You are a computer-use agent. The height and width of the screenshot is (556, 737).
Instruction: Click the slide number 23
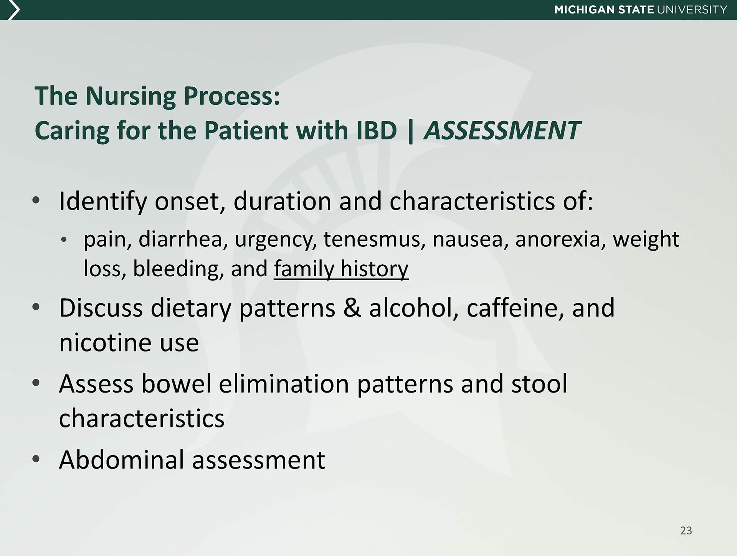click(x=686, y=530)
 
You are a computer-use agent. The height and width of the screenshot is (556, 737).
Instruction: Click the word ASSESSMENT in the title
click(x=502, y=130)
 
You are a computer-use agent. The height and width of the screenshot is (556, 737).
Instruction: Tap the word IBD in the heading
click(x=376, y=130)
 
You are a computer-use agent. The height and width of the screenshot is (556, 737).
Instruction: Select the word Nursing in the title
click(x=131, y=96)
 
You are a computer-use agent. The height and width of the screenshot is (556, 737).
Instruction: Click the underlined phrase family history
click(x=341, y=269)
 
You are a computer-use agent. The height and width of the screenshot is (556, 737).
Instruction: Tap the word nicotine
click(x=106, y=342)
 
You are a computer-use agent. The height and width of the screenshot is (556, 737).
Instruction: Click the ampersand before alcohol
click(x=352, y=308)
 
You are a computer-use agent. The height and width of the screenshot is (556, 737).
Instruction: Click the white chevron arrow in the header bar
click(x=13, y=10)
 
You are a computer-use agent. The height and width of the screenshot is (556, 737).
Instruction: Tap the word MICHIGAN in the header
click(x=584, y=10)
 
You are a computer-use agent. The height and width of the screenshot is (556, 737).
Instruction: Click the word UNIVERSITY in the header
click(x=692, y=10)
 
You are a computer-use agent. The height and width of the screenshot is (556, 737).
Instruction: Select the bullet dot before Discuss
click(x=36, y=307)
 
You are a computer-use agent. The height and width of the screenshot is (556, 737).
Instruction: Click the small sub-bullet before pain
click(x=64, y=240)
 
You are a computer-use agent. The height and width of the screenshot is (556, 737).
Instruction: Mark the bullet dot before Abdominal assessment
click(x=36, y=459)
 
